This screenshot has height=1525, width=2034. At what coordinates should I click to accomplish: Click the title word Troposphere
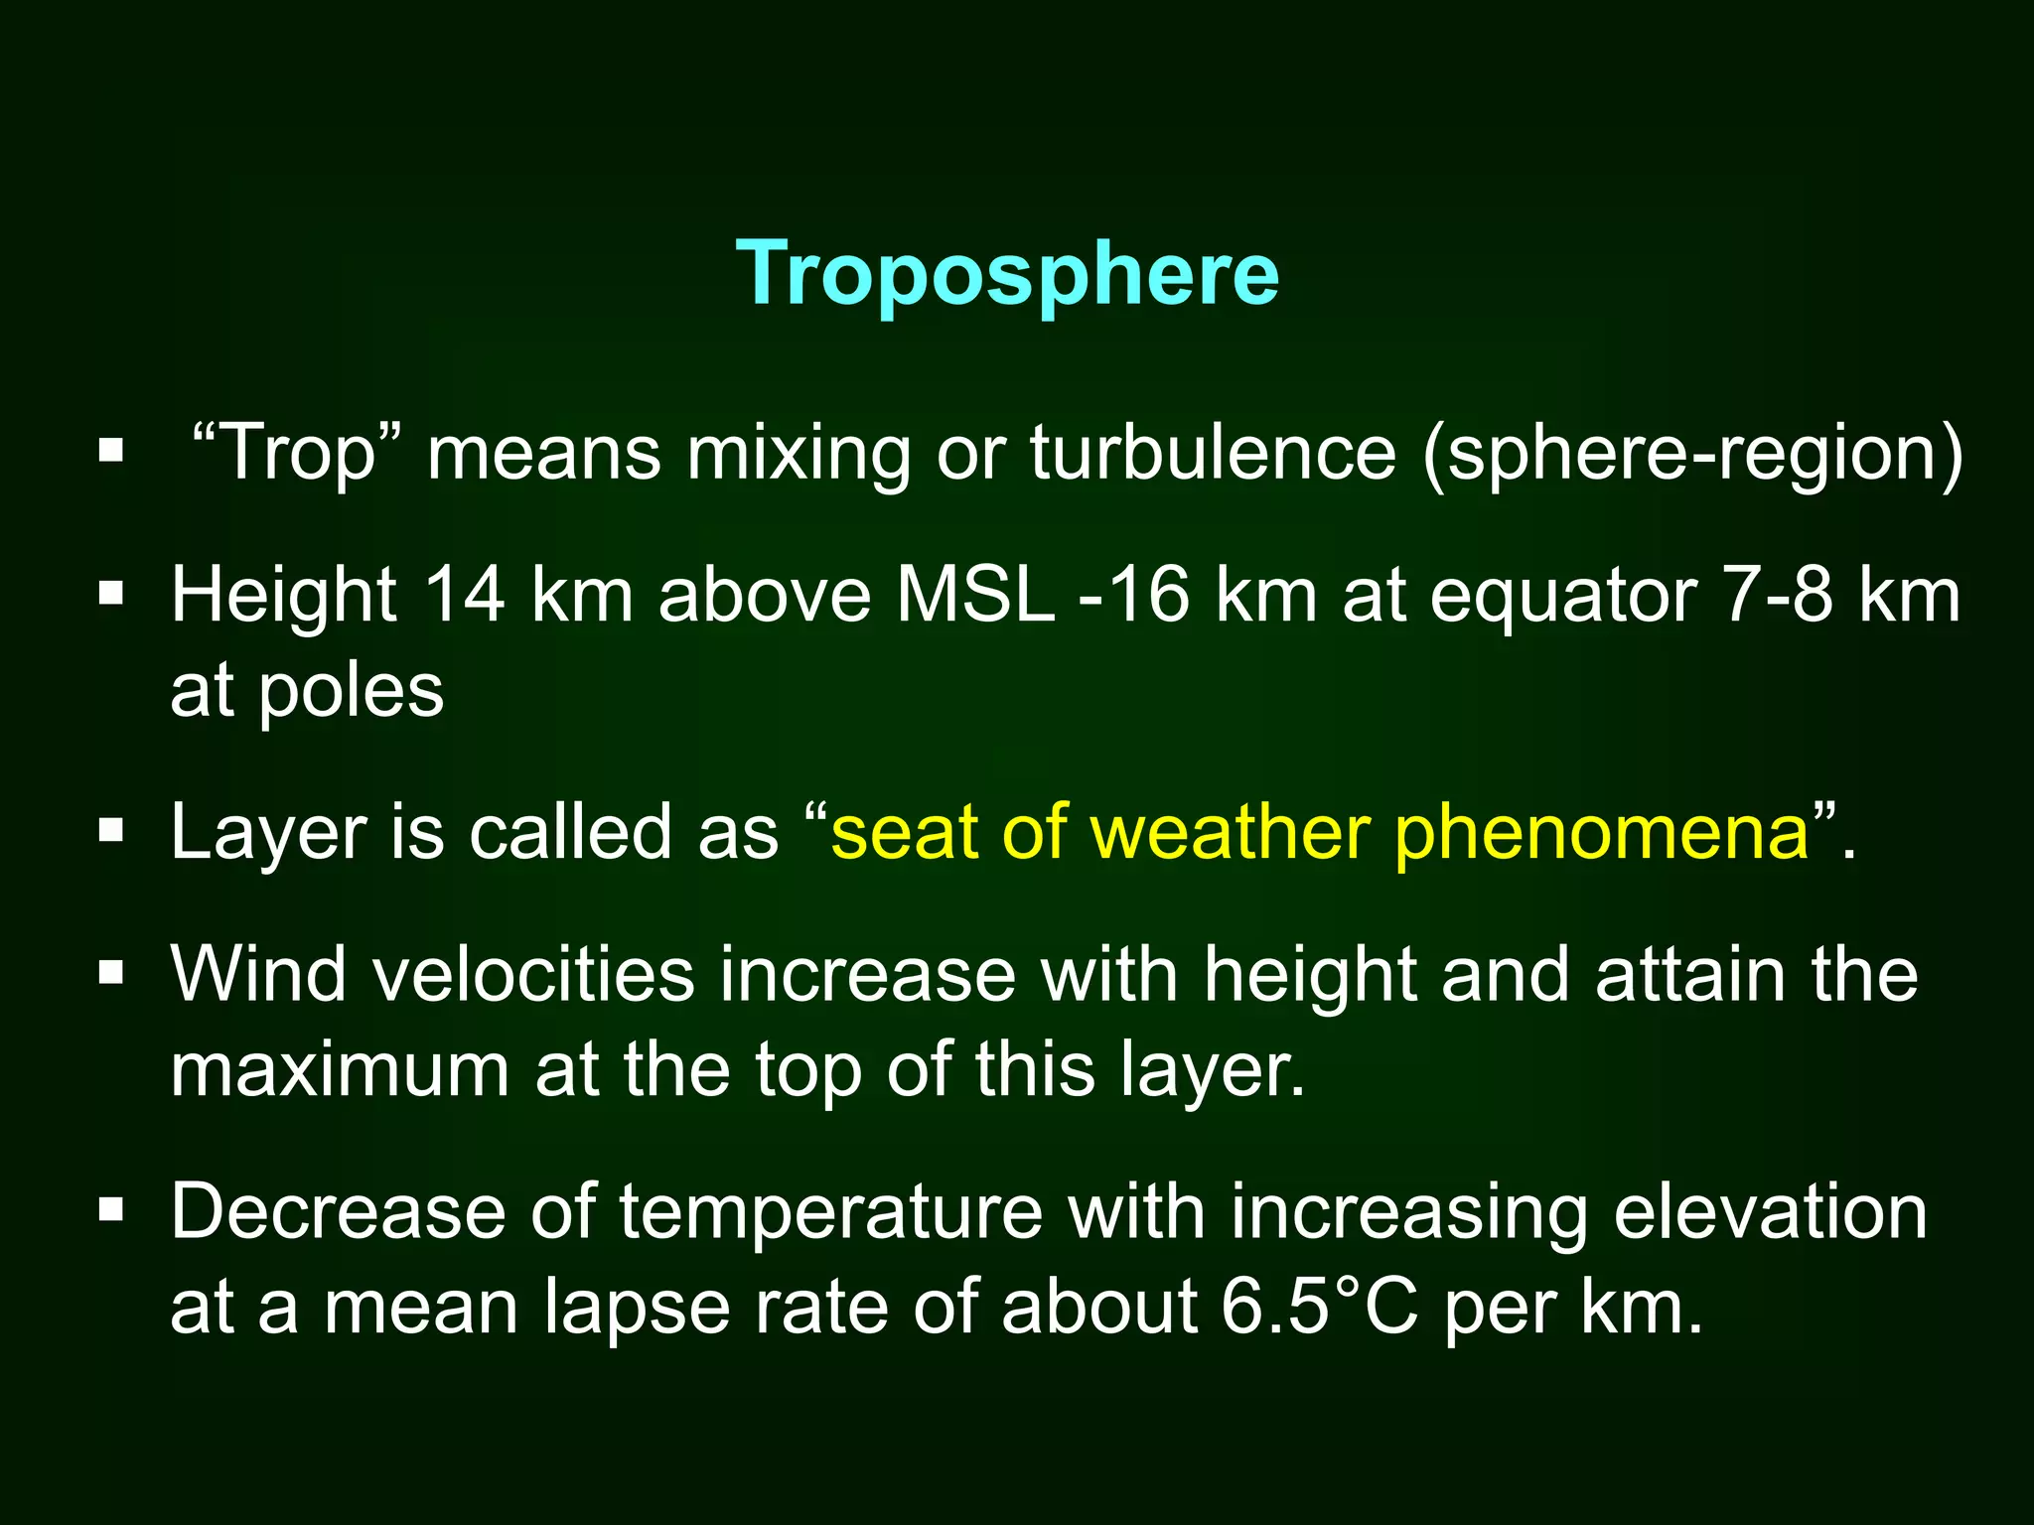[1007, 273]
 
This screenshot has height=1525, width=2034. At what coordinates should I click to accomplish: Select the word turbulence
[1213, 453]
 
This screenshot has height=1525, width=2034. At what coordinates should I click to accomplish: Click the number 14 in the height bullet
[464, 596]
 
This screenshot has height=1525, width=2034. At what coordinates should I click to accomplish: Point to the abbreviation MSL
[975, 596]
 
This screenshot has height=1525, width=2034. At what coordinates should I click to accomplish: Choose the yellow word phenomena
[1602, 834]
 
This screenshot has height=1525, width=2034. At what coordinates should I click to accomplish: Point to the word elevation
[1770, 1212]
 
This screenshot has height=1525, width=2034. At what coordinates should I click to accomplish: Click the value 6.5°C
[1319, 1308]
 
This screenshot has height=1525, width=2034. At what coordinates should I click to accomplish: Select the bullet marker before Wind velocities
[111, 972]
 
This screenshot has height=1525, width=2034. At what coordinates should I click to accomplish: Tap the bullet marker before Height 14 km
[111, 595]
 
